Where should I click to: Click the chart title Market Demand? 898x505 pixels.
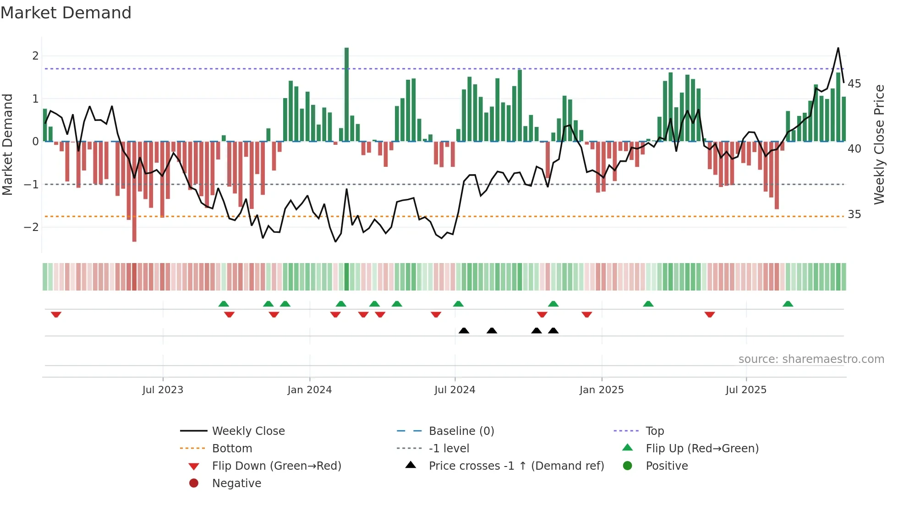(x=66, y=13)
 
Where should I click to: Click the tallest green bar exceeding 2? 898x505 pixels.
(x=346, y=94)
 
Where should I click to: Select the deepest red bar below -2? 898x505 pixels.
(x=134, y=192)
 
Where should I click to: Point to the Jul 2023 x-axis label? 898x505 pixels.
(x=163, y=390)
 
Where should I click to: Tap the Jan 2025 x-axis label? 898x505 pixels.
(x=601, y=390)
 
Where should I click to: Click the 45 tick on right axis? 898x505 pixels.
(x=854, y=84)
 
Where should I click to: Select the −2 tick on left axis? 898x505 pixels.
(x=31, y=227)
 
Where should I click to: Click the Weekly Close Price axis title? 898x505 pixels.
(x=879, y=144)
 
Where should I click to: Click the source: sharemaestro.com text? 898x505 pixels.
(x=811, y=359)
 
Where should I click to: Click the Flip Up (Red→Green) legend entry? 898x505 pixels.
(x=702, y=449)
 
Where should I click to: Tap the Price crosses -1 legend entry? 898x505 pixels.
(x=516, y=466)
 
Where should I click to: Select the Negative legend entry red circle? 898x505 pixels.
(x=194, y=483)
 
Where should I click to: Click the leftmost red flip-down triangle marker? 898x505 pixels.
(x=56, y=314)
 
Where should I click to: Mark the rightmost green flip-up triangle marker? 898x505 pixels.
(x=788, y=304)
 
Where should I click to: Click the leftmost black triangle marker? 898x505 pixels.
(x=464, y=330)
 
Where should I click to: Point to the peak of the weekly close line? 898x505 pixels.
(x=838, y=48)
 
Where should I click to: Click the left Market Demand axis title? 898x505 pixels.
(x=7, y=144)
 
